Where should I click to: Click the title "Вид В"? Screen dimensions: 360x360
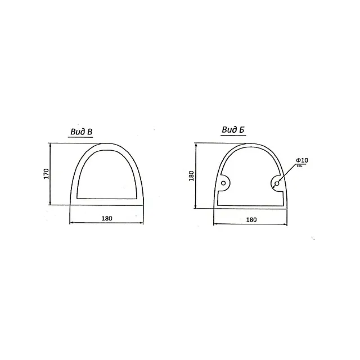coord(81,132)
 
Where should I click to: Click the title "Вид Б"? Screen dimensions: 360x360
coord(233,130)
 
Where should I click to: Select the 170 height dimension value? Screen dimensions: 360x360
coord(46,174)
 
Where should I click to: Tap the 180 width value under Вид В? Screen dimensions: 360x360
coord(107,218)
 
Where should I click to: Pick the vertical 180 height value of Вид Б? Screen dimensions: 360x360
coord(191,175)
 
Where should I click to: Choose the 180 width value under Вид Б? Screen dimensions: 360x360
coord(251,220)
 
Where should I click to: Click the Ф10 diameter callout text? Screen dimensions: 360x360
coord(302,160)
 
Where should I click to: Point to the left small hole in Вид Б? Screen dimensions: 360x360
coord(223,183)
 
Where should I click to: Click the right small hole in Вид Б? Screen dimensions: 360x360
coord(277,183)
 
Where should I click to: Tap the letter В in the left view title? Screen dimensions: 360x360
coord(90,132)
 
